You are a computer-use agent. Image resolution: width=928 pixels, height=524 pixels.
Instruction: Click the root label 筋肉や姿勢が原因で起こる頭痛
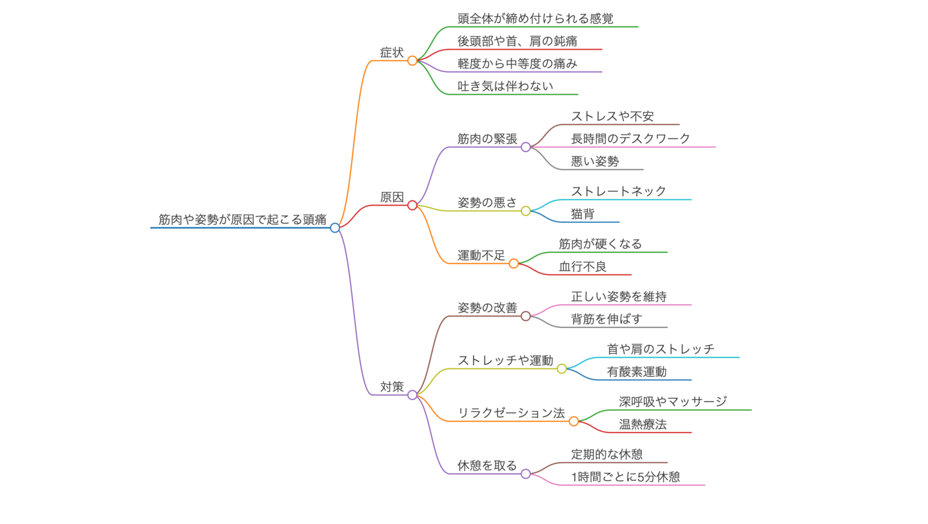coord(242,219)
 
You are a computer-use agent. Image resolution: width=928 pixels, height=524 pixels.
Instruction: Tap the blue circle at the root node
coord(334,228)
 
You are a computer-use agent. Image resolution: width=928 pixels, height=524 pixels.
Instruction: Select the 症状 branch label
coord(392,53)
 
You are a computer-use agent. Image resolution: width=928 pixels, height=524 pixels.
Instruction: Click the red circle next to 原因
coord(412,205)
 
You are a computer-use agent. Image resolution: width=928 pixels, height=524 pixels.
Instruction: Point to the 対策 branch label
coord(392,387)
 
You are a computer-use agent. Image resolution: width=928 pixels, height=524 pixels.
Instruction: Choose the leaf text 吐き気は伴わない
coord(505,86)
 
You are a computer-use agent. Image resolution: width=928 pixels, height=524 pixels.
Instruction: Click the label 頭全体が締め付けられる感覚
coord(535,19)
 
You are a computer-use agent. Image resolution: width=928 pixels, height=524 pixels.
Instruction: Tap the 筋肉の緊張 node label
coord(487,139)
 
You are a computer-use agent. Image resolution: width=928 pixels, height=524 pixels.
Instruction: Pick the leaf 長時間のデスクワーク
coord(630,139)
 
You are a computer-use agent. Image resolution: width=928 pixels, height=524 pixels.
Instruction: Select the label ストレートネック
coord(618,191)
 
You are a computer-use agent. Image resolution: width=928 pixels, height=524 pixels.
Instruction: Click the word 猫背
coord(583,214)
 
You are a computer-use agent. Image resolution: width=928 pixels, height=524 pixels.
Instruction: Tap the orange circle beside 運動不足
coord(514,263)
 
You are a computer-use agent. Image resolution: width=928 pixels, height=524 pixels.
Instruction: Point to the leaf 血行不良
coord(583,267)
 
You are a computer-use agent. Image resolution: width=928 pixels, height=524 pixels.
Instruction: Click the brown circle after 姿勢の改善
coord(526,316)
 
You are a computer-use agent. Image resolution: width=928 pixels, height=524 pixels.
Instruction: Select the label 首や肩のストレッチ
coord(661,349)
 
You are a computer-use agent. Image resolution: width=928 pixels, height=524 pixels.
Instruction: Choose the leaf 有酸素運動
coord(636,372)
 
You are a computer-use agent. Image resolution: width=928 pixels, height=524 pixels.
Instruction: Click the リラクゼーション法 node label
coord(511,413)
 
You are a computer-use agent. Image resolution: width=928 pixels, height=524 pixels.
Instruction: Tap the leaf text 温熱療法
coord(643,425)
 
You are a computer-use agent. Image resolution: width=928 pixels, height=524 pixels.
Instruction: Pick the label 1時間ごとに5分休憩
coord(625,478)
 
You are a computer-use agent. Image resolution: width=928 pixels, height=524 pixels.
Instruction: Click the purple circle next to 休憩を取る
coord(526,474)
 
